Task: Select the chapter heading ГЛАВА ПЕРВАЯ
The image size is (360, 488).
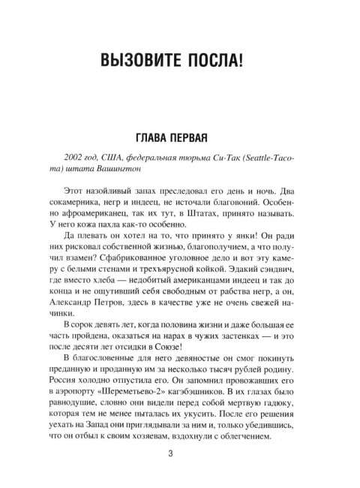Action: point(180,139)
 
